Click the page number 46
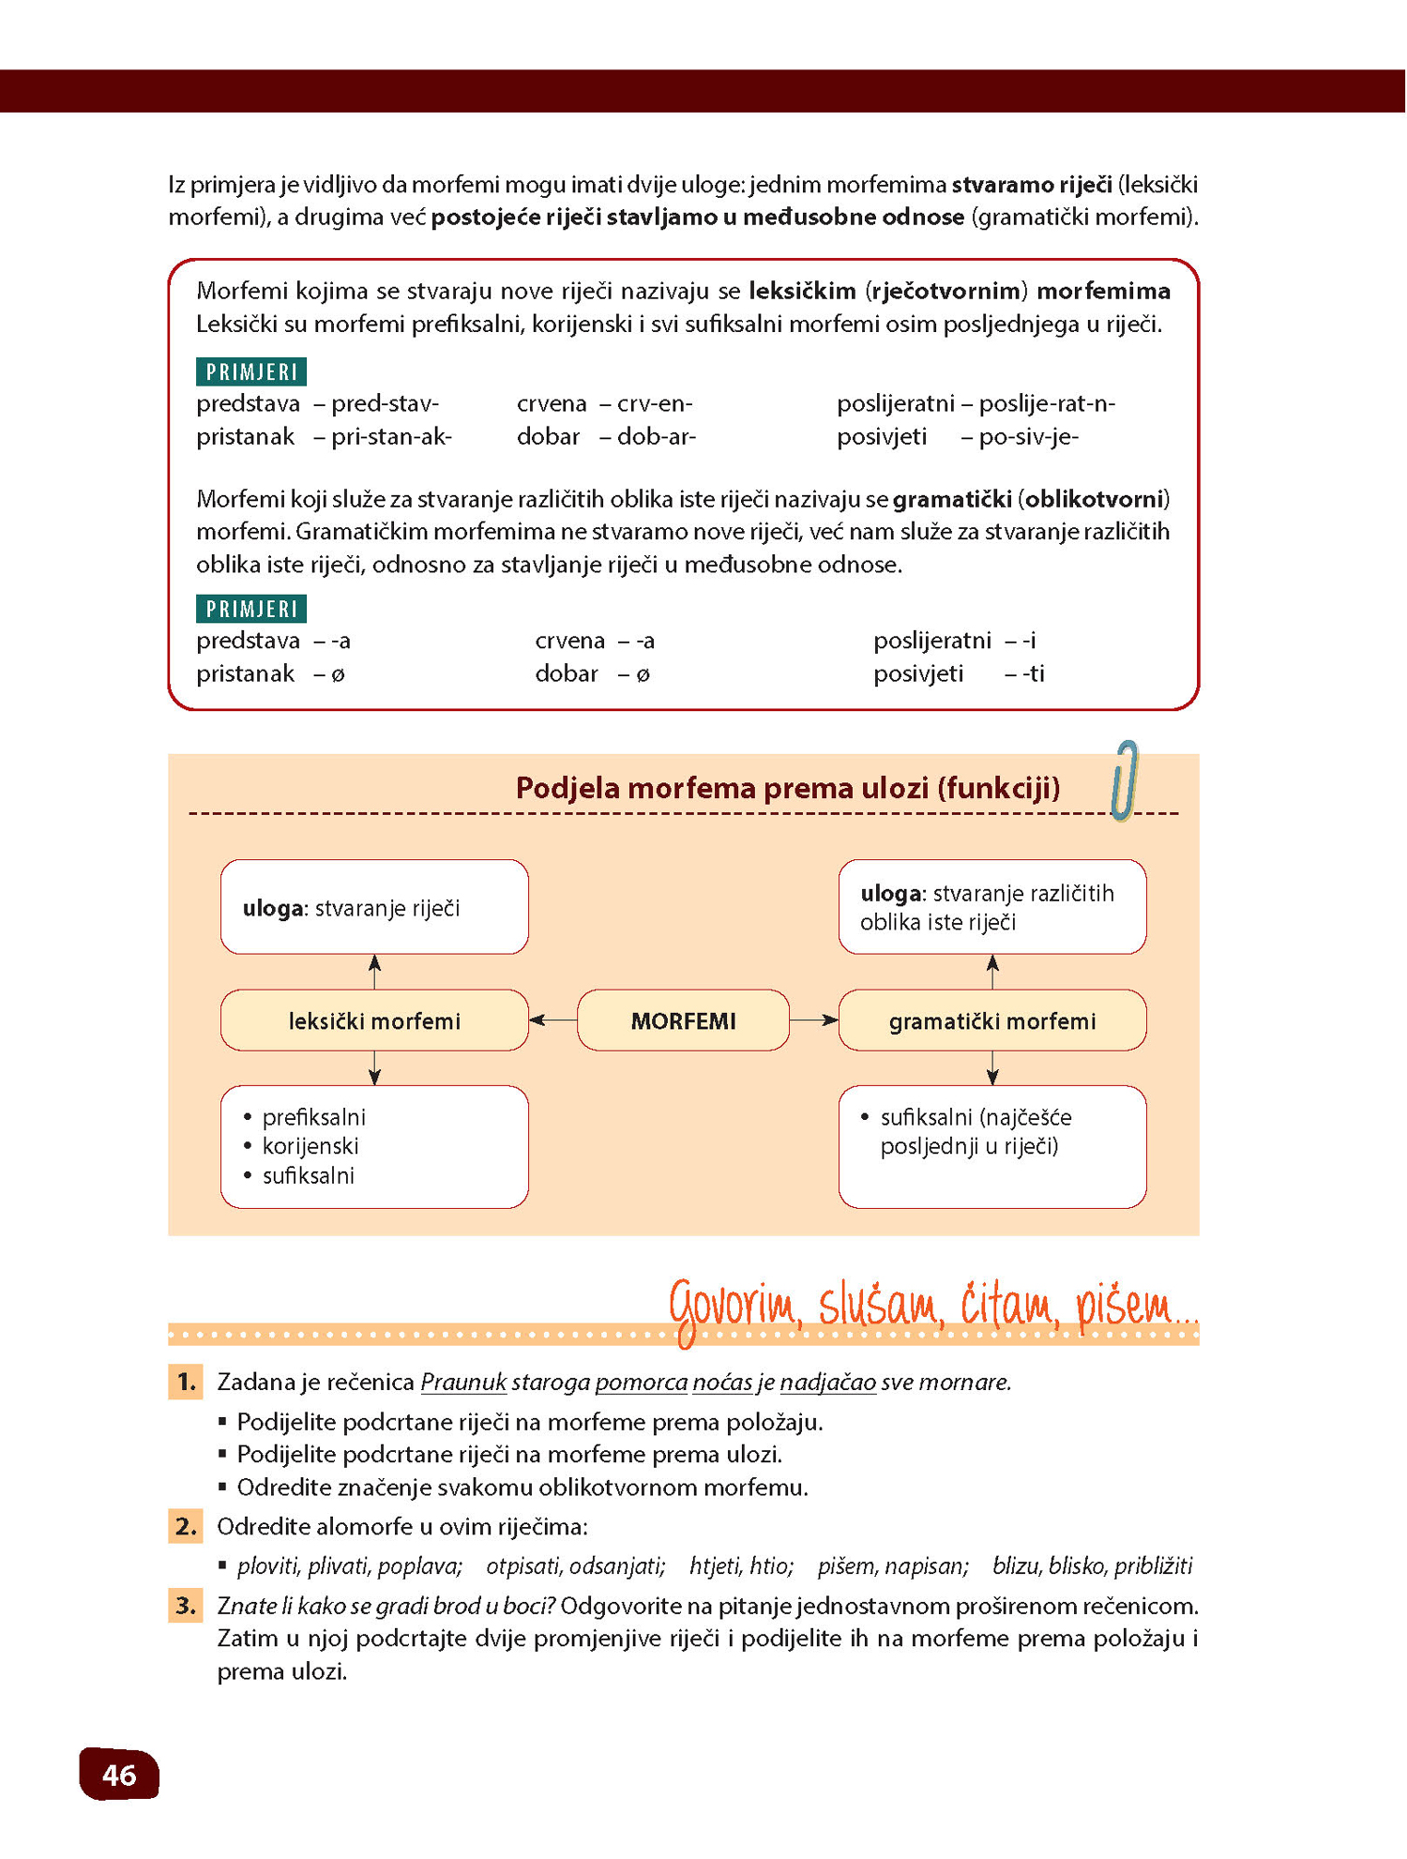pyautogui.click(x=119, y=1775)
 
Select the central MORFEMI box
pyautogui.click(x=683, y=1020)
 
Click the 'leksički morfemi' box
pyautogui.click(x=374, y=1020)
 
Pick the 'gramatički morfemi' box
pyautogui.click(x=991, y=1020)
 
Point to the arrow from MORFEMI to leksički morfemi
pyautogui.click(x=552, y=1020)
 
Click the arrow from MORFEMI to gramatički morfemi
pyautogui.click(x=813, y=1020)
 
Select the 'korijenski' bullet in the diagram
pyautogui.click(x=310, y=1146)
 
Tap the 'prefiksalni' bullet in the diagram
pyautogui.click(x=313, y=1117)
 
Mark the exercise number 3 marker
pyautogui.click(x=186, y=1606)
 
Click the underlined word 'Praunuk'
pyautogui.click(x=463, y=1383)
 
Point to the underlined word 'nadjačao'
pyautogui.click(x=827, y=1383)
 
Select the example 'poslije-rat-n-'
pyautogui.click(x=1047, y=404)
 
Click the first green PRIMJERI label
pyautogui.click(x=251, y=372)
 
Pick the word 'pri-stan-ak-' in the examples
pyautogui.click(x=391, y=437)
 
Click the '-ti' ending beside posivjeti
pyautogui.click(x=1033, y=673)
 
